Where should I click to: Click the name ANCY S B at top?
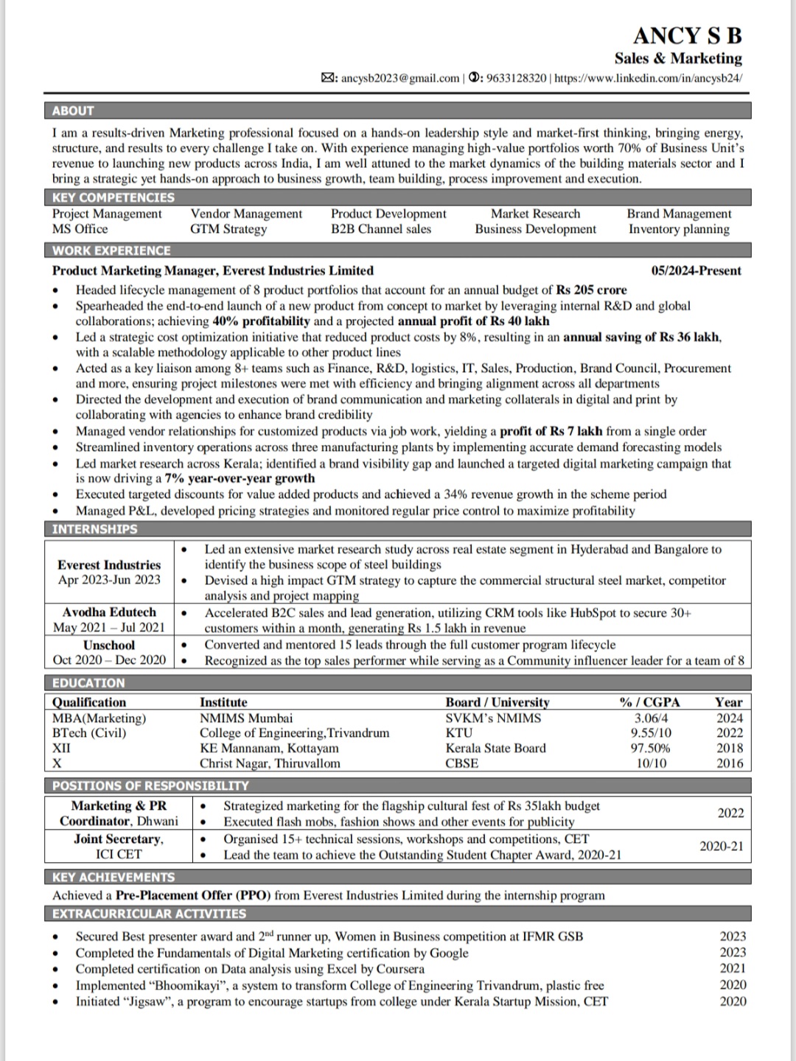[687, 35]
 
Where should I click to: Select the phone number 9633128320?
[517, 78]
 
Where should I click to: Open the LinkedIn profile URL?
[648, 78]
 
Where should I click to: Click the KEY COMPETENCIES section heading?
[114, 197]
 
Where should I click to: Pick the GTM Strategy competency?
[228, 229]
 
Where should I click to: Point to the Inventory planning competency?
[679, 229]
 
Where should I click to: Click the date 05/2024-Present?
[696, 271]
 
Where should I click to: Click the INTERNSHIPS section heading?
[94, 529]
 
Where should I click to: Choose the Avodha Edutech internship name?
[109, 612]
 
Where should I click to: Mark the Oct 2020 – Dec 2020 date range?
[109, 660]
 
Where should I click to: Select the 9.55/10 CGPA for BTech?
[651, 733]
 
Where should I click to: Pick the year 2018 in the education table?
[730, 748]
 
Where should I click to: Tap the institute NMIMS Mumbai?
[246, 718]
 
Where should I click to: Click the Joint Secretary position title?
[119, 839]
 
